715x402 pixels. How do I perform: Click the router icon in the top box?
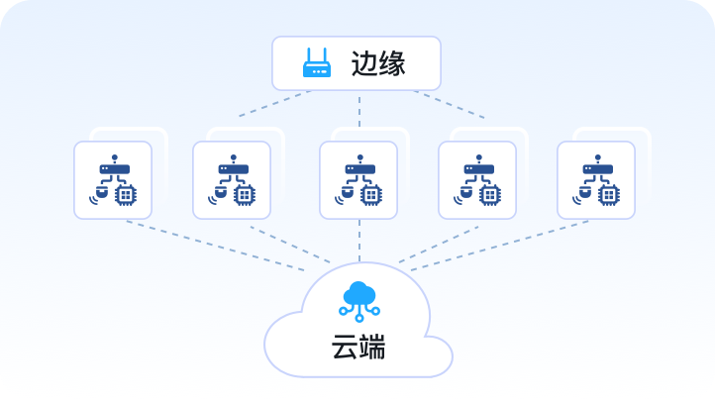(317, 63)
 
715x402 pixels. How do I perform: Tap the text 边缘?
(378, 63)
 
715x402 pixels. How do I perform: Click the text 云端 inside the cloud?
(357, 348)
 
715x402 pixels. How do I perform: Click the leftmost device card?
(113, 179)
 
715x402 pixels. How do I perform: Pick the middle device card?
(358, 179)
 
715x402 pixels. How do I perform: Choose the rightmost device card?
(596, 179)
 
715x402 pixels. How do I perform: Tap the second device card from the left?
(232, 179)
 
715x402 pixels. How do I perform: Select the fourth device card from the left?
(477, 179)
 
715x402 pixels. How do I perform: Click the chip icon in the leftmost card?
(125, 195)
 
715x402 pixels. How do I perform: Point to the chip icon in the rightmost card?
(608, 195)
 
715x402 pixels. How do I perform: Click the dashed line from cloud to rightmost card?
(500, 246)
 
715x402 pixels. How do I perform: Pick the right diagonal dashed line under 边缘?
(449, 104)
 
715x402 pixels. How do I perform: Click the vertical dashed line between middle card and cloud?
(358, 241)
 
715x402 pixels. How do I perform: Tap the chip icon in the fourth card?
(489, 195)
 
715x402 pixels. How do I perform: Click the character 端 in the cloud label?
(372, 348)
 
